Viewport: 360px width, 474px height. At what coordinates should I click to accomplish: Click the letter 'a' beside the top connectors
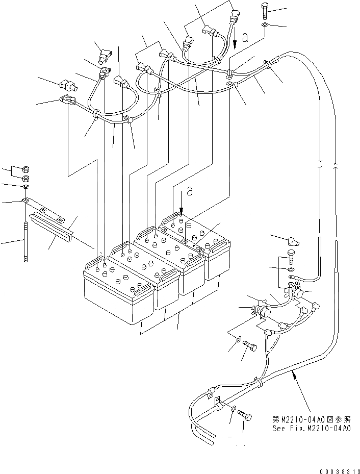pyautogui.click(x=245, y=37)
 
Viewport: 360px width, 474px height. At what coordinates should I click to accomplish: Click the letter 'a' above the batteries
pyautogui.click(x=190, y=191)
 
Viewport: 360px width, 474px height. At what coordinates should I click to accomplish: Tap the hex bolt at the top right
pyautogui.click(x=264, y=11)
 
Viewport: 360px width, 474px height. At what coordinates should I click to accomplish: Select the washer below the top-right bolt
pyautogui.click(x=265, y=25)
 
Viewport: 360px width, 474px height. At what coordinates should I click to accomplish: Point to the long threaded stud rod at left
pyautogui.click(x=25, y=241)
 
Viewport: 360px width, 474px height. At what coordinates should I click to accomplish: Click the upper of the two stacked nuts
pyautogui.click(x=25, y=169)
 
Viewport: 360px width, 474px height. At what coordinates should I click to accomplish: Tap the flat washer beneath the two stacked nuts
pyautogui.click(x=25, y=187)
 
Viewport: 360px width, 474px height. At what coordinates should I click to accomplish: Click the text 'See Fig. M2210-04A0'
pyautogui.click(x=312, y=429)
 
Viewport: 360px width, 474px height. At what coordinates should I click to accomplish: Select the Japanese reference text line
pyautogui.click(x=312, y=419)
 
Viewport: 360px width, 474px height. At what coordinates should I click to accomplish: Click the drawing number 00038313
pyautogui.click(x=340, y=471)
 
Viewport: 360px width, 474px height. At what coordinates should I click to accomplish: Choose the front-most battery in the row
pyautogui.click(x=118, y=289)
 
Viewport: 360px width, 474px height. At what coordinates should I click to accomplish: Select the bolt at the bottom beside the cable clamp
pyautogui.click(x=245, y=415)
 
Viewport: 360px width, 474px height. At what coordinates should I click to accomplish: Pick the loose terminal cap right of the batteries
pyautogui.click(x=293, y=241)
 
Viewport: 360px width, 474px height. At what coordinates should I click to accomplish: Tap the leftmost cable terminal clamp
pyautogui.click(x=68, y=100)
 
